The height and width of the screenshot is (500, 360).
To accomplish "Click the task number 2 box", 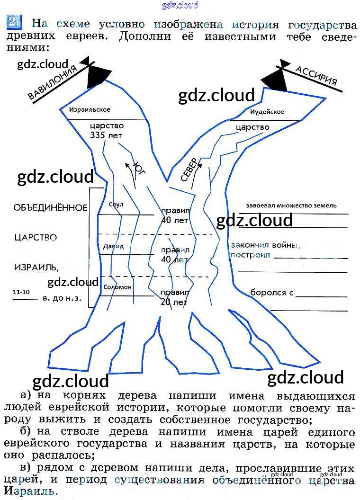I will point(13,22).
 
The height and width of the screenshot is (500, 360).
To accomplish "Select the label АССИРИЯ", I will point(316,75).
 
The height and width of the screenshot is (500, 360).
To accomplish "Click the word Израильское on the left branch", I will point(90,110).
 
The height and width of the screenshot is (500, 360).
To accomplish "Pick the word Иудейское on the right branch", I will point(267,112).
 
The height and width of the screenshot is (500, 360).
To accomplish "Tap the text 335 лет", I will point(106,135).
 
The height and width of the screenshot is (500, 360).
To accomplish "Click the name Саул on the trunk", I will point(116,205).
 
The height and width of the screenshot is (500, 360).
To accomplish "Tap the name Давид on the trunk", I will point(114,246).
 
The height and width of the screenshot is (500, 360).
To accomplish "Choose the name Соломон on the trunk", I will point(117,287).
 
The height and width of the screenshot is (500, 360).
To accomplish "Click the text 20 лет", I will point(174,302).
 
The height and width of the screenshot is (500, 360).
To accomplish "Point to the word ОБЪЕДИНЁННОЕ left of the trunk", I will point(51,208).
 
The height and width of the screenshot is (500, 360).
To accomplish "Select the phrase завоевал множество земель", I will point(291,205).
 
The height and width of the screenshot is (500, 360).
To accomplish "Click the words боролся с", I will point(269,293).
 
